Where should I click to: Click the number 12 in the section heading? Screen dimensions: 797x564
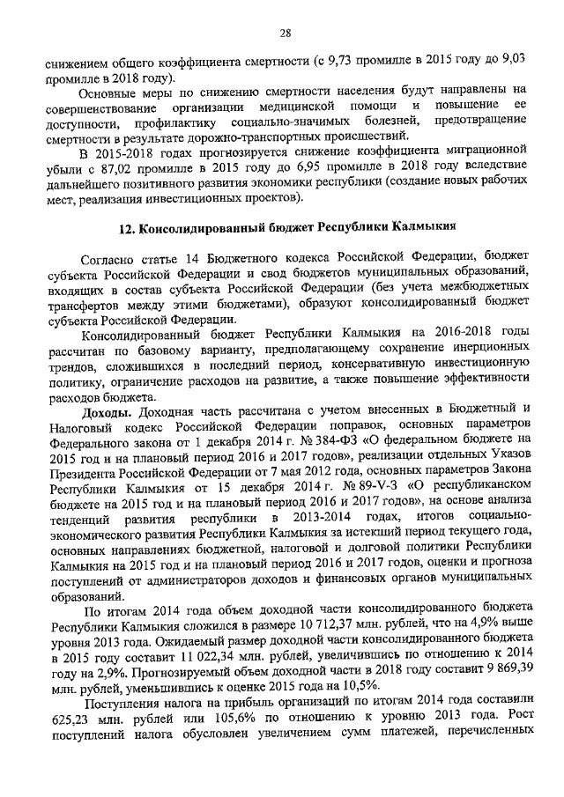tap(126, 228)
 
